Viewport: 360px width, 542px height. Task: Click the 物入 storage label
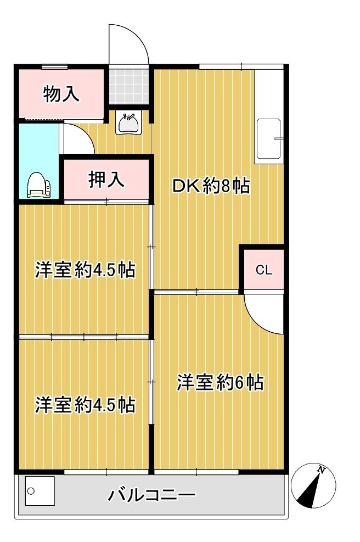(61, 94)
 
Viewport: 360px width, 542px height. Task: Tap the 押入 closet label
(106, 180)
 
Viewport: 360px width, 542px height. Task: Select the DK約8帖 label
(211, 186)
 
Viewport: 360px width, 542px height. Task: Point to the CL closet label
(264, 270)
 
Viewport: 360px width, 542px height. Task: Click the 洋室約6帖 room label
(220, 382)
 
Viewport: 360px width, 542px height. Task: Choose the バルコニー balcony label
(152, 495)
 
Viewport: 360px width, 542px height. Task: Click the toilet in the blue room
(38, 185)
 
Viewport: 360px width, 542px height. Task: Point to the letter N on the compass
(321, 470)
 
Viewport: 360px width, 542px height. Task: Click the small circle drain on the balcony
(31, 491)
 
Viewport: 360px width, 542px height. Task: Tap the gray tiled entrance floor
(129, 85)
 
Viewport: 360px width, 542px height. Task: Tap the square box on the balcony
(40, 491)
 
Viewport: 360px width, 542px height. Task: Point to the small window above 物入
(54, 66)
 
